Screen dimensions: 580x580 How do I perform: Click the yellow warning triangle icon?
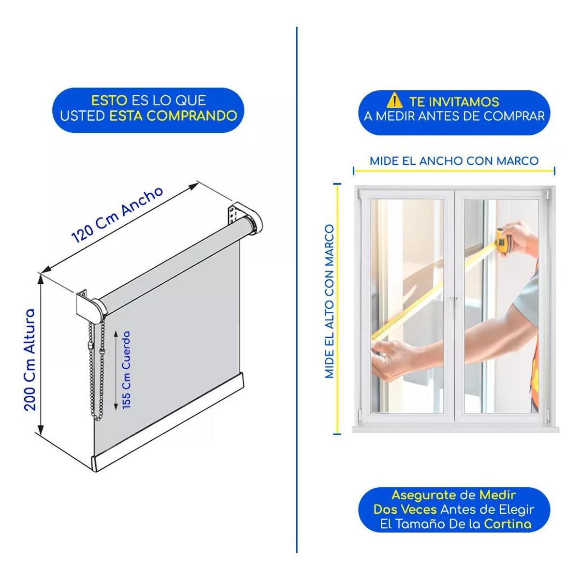[394, 101]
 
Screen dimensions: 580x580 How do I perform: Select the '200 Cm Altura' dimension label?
[30, 359]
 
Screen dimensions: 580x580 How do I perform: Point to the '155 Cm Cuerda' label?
[127, 370]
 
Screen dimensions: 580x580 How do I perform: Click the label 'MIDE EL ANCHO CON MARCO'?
[454, 161]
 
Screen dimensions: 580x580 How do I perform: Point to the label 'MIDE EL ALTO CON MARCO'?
[330, 301]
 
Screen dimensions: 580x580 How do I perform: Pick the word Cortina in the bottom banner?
[507, 524]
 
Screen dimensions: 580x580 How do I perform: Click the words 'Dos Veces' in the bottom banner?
[405, 509]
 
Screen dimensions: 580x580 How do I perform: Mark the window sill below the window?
[455, 430]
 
